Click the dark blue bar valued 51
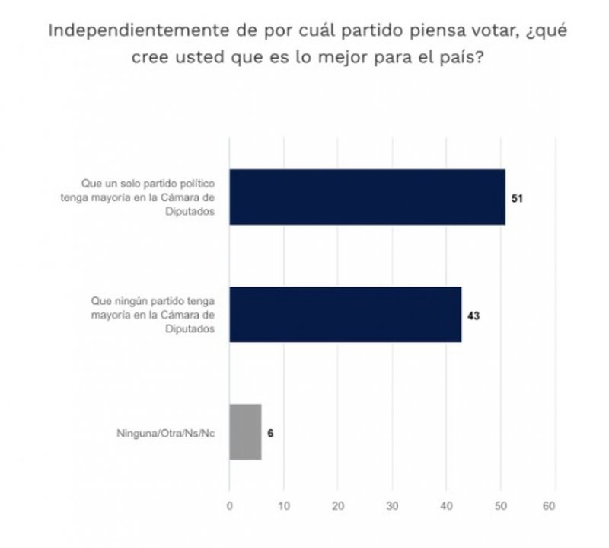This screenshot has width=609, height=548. [367, 197]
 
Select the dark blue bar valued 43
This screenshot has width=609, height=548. [345, 314]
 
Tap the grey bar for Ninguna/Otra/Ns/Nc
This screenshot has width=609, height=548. [245, 431]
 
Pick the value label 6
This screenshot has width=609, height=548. [271, 432]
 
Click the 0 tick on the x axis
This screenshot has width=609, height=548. [229, 505]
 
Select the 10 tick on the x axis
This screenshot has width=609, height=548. [283, 505]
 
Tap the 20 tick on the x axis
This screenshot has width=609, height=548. [338, 505]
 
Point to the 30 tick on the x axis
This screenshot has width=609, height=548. [392, 505]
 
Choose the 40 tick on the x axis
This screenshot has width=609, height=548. [446, 505]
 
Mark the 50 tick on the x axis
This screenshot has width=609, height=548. [501, 505]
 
